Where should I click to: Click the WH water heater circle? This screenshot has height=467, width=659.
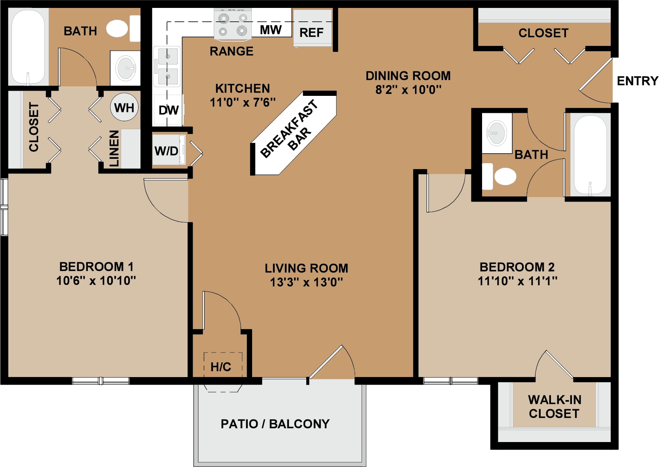[124, 107]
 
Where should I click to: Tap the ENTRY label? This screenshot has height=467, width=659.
[638, 81]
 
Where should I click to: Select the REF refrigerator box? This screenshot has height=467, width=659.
[312, 28]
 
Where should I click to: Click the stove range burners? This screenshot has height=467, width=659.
[233, 24]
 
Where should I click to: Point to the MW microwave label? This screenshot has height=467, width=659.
[271, 30]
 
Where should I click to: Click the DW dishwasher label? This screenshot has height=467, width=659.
[169, 111]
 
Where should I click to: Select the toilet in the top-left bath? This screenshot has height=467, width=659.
[123, 29]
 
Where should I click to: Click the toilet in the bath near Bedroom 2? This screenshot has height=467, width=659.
[499, 176]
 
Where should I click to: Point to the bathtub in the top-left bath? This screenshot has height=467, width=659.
[28, 47]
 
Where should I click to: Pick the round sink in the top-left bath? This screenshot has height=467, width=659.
[125, 68]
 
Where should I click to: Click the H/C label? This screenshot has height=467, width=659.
[221, 367]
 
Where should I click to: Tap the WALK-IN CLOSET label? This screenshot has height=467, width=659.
[555, 407]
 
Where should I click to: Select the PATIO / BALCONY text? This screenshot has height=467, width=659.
[275, 424]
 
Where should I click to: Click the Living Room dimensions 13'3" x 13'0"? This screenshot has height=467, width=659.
[307, 282]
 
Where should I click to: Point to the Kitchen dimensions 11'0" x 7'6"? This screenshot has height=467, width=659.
[243, 102]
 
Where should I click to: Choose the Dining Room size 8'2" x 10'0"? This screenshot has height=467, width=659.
[408, 90]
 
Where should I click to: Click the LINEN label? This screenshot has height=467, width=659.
[114, 149]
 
